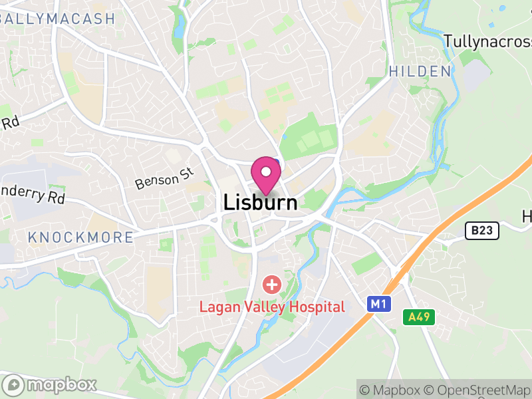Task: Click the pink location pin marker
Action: click(x=266, y=175)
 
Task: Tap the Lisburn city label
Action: click(x=261, y=202)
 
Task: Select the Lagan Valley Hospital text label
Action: click(x=273, y=307)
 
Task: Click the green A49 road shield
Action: click(x=419, y=317)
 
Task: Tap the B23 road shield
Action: click(x=481, y=231)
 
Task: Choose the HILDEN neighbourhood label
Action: click(x=420, y=71)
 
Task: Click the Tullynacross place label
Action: click(x=488, y=41)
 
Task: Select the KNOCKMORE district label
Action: click(x=80, y=237)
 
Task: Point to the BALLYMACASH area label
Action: click(x=59, y=19)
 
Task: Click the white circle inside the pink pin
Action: click(x=266, y=172)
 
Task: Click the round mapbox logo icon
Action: click(x=13, y=384)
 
